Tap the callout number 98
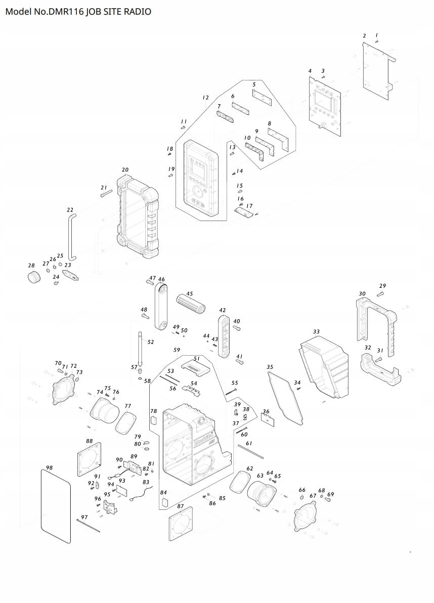[x=49, y=468]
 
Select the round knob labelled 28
[x=33, y=277]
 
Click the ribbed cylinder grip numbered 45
[x=190, y=304]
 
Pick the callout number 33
[x=316, y=332]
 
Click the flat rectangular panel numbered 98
[x=55, y=506]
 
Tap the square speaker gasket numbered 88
[x=90, y=460]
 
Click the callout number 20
[x=125, y=170]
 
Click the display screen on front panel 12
[x=197, y=171]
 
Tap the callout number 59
[x=177, y=350]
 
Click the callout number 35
[x=270, y=367]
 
